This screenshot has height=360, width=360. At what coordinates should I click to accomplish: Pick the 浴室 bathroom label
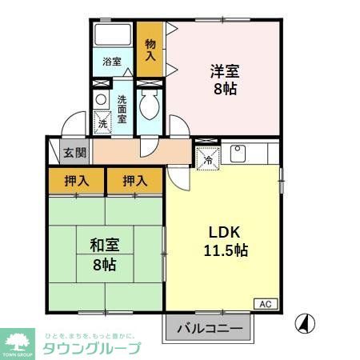[x=111, y=61]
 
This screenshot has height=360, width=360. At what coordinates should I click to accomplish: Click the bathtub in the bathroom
[x=113, y=36]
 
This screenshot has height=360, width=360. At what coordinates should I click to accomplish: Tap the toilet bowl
[x=149, y=104]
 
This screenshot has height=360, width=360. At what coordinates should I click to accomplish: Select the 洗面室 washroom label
[x=122, y=108]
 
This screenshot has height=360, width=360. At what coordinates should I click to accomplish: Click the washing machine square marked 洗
[x=102, y=122]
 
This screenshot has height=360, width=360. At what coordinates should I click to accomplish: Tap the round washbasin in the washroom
[x=101, y=99]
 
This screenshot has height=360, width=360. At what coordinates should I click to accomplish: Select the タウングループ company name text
[x=90, y=348]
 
